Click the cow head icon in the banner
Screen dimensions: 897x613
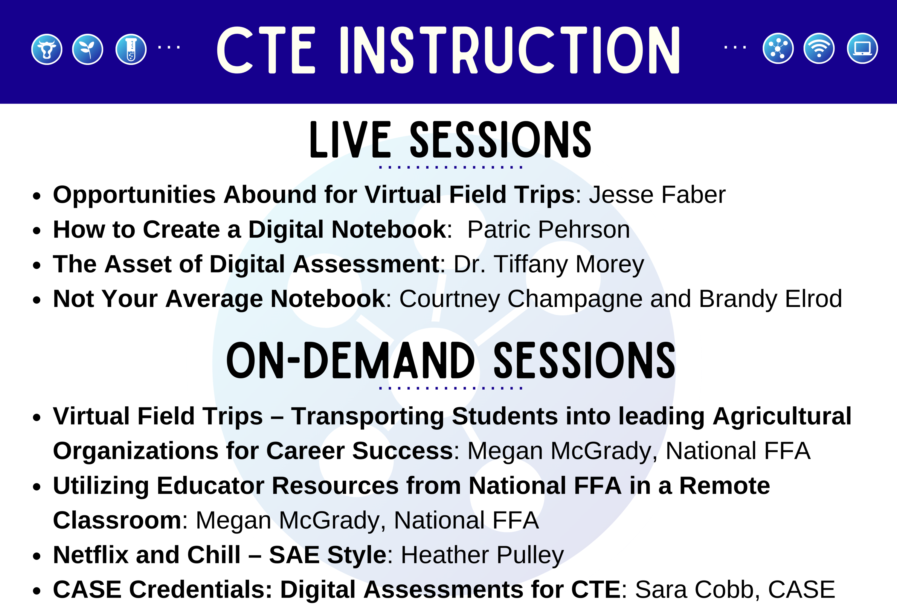[x=47, y=49]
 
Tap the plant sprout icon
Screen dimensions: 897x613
[x=88, y=49]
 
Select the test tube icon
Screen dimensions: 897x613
[x=131, y=49]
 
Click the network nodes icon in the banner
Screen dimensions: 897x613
[x=778, y=49]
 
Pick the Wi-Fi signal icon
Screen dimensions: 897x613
[x=819, y=49]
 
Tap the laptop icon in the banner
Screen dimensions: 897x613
[x=862, y=49]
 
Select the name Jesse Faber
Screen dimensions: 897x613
[x=657, y=195]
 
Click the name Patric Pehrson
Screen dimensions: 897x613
[x=548, y=230]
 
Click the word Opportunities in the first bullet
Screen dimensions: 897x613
[x=134, y=195]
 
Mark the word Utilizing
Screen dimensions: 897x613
[x=101, y=486]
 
